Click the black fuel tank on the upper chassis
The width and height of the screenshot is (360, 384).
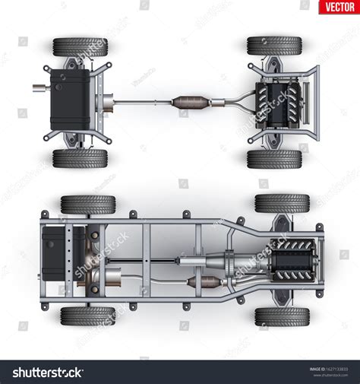(x=70, y=100)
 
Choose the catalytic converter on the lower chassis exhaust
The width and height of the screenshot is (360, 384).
(x=201, y=283)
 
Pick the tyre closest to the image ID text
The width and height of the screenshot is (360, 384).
(x=282, y=316)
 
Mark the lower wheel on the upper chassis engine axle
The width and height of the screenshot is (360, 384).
(x=274, y=158)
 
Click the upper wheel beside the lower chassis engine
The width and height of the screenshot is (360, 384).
(x=282, y=204)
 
